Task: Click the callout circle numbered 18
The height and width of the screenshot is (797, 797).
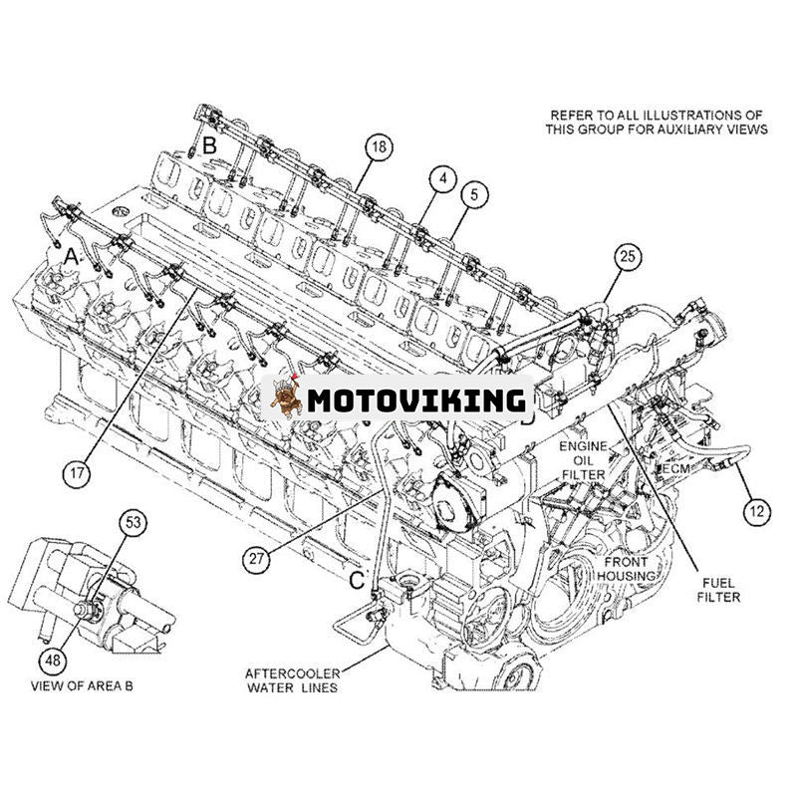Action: tap(378, 147)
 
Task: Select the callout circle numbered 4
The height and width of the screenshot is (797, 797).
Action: tap(442, 179)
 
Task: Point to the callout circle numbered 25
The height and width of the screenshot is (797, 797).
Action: tap(626, 257)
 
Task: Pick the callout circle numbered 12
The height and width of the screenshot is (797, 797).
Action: tap(757, 513)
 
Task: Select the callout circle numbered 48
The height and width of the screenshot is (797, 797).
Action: tap(52, 632)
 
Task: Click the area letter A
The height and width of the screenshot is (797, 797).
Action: tap(71, 256)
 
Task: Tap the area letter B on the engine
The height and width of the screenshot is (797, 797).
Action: tap(209, 146)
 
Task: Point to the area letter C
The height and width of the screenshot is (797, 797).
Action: tap(357, 579)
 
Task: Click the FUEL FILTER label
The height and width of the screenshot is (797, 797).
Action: tap(718, 589)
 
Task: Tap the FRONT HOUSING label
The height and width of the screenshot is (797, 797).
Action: tap(626, 569)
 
